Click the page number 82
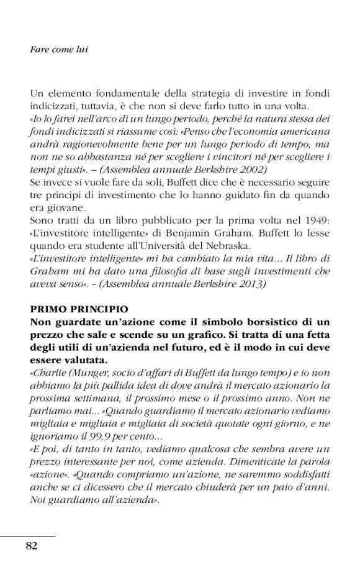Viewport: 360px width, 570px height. (32, 546)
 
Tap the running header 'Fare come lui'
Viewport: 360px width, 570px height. (59, 50)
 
